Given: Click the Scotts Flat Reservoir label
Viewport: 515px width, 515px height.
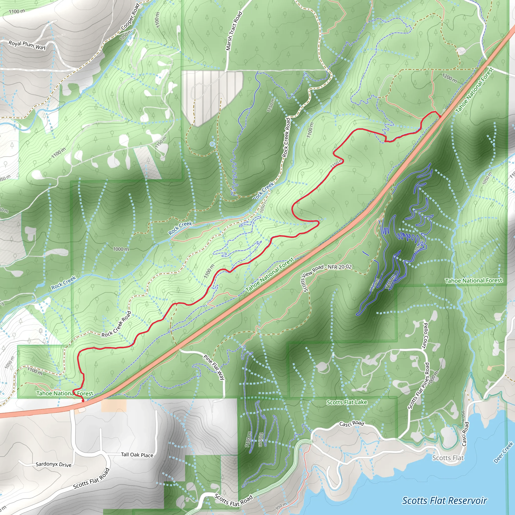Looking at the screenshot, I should pos(444,501).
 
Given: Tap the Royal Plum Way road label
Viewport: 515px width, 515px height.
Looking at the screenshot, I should pos(27,45).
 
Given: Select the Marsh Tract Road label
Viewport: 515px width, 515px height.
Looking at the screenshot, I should pos(234,31).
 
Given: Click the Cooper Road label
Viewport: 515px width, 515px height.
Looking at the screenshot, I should pos(130,17).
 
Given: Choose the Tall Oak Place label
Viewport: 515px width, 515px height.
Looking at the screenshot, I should pos(137,455).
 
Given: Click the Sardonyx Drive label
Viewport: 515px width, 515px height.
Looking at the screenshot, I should pos(54,464).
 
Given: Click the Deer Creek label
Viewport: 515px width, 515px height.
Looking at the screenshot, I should pos(503,452).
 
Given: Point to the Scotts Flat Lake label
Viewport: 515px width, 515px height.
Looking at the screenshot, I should pos(347,402).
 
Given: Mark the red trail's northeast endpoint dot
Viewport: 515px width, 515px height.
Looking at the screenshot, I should pos(440,116).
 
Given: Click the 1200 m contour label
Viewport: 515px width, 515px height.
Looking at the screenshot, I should pos(449,78).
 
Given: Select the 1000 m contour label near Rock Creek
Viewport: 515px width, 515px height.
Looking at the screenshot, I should pos(121,249).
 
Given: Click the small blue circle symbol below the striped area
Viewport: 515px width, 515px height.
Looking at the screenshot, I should pos(212,144).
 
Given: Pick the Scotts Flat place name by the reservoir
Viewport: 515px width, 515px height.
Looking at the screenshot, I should pos(448,458).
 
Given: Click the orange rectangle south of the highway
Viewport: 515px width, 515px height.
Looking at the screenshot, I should pos(114,405).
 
